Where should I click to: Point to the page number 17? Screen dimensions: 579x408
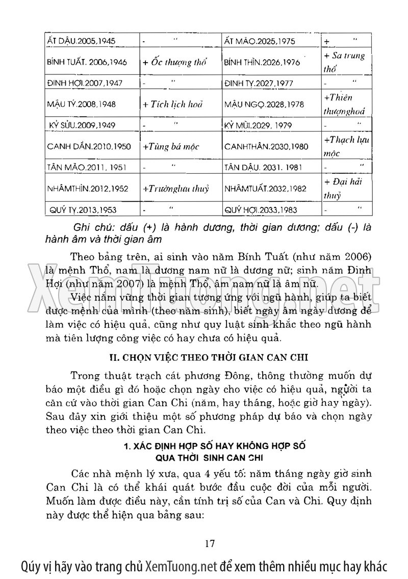209,543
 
